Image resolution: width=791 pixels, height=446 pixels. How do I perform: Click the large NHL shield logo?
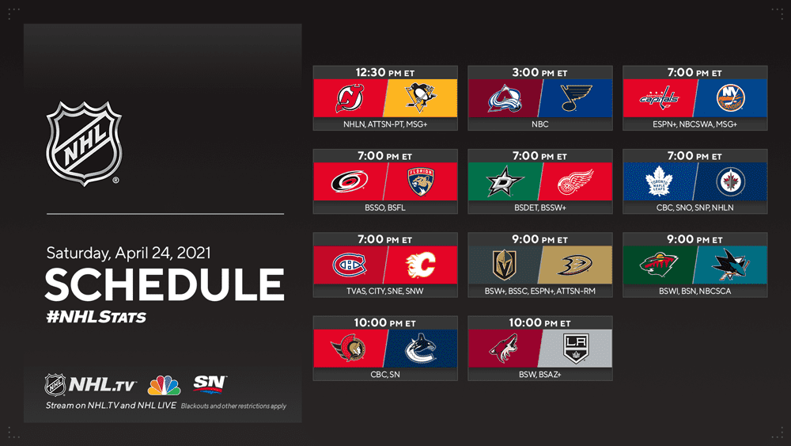pos(84,143)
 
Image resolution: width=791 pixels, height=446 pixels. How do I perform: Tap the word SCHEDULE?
pos(165,284)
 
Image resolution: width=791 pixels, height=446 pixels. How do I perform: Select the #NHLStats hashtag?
pos(96,317)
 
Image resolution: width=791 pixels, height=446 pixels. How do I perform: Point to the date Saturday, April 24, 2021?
pos(129,253)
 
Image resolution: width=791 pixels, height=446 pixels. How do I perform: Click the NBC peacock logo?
pos(164,385)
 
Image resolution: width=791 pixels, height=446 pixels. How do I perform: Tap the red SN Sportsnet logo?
pos(210,383)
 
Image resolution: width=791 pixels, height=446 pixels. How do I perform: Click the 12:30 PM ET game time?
pos(385,73)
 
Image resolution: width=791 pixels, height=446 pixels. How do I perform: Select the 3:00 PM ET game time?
pos(539,73)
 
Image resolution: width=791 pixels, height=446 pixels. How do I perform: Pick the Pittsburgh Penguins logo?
pos(422,97)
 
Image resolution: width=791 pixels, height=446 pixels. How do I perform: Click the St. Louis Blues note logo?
pos(576,98)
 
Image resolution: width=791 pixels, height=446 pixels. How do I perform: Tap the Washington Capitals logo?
pos(660,98)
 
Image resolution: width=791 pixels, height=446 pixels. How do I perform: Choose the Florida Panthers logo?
pos(422,181)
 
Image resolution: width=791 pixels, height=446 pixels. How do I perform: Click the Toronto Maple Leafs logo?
pos(659,181)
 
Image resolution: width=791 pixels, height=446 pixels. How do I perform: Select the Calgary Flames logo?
pos(421,265)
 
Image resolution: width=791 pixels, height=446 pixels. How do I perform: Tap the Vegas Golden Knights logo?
pos(505,265)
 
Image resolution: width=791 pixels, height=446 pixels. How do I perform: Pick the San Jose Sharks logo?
pos(730,264)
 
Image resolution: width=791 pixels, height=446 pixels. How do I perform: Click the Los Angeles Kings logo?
pos(576,349)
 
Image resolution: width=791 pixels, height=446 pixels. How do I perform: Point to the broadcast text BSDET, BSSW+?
pos(539,208)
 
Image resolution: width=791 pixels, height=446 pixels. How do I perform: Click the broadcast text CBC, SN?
pos(385,374)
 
